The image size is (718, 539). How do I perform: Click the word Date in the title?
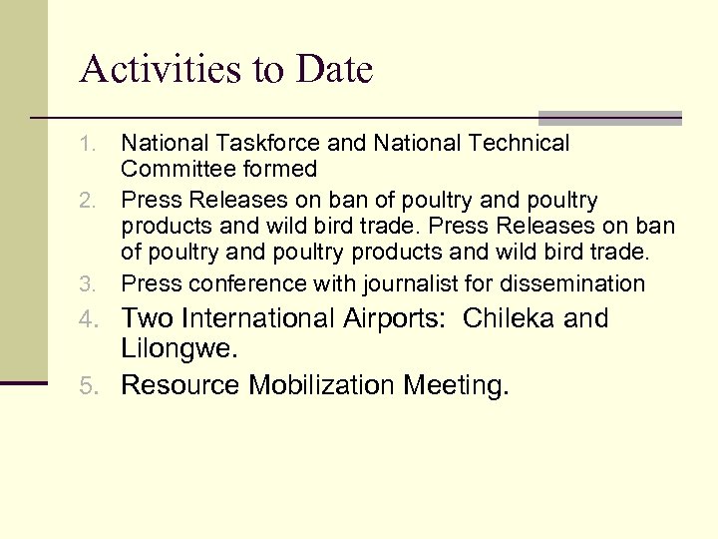[335, 70]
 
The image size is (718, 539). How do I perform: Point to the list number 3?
[89, 284]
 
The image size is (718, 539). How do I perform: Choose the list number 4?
[89, 319]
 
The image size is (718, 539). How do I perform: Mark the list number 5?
[89, 386]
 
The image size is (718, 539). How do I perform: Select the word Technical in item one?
[513, 144]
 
